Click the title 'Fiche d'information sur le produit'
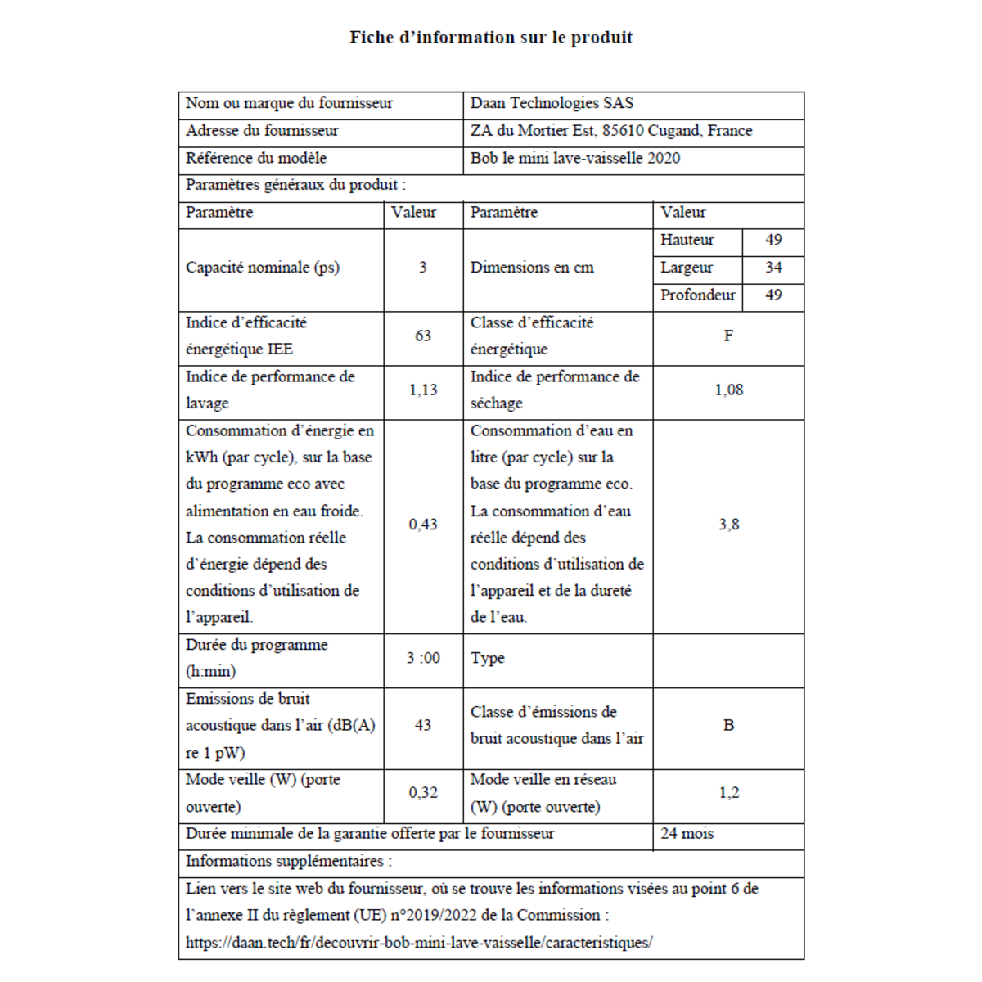pyautogui.click(x=491, y=38)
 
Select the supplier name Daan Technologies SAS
pyautogui.click(x=552, y=103)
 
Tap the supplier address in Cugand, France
pyautogui.click(x=610, y=131)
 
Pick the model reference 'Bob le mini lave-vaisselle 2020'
pyautogui.click(x=574, y=159)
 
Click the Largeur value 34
pyautogui.click(x=773, y=268)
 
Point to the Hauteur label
pyautogui.click(x=687, y=240)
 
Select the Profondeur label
pyautogui.click(x=697, y=295)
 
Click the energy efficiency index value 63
pyautogui.click(x=423, y=336)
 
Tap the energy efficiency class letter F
pyautogui.click(x=728, y=336)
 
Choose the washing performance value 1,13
pyautogui.click(x=423, y=390)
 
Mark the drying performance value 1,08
pyautogui.click(x=728, y=390)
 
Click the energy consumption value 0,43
pyautogui.click(x=423, y=525)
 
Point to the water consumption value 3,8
pyautogui.click(x=728, y=525)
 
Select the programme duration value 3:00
pyautogui.click(x=423, y=658)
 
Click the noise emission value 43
pyautogui.click(x=423, y=725)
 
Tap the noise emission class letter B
pyautogui.click(x=728, y=725)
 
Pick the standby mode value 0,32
pyautogui.click(x=423, y=793)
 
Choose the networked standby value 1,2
pyautogui.click(x=728, y=793)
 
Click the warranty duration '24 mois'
pyautogui.click(x=687, y=834)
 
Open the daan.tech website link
pyautogui.click(x=418, y=943)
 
